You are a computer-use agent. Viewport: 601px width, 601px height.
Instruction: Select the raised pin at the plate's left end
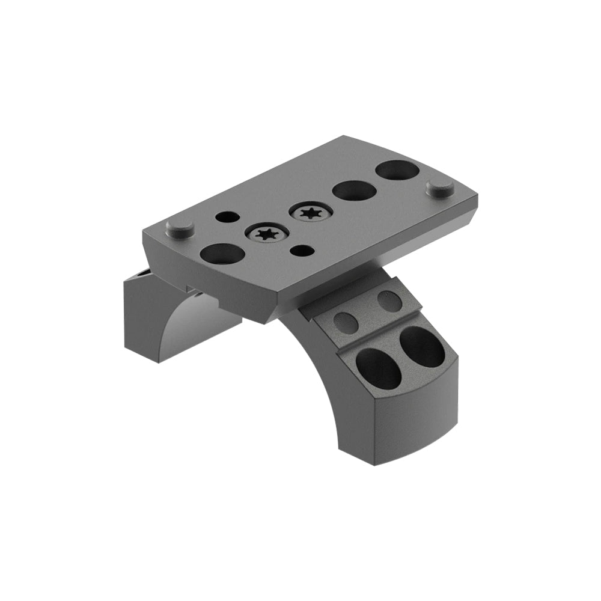(x=179, y=228)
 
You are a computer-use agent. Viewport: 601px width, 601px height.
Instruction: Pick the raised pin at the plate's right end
(x=441, y=188)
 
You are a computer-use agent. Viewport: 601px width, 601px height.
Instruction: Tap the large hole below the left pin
(x=222, y=254)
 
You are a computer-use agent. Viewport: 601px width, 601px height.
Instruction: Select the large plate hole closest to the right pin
(x=397, y=170)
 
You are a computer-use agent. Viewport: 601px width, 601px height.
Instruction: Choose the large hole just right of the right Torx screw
(x=354, y=191)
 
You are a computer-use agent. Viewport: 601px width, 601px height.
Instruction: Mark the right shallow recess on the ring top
(x=389, y=300)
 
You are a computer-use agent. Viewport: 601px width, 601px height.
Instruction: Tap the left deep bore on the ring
(x=378, y=367)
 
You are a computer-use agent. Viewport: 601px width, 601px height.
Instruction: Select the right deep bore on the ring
(x=423, y=347)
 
